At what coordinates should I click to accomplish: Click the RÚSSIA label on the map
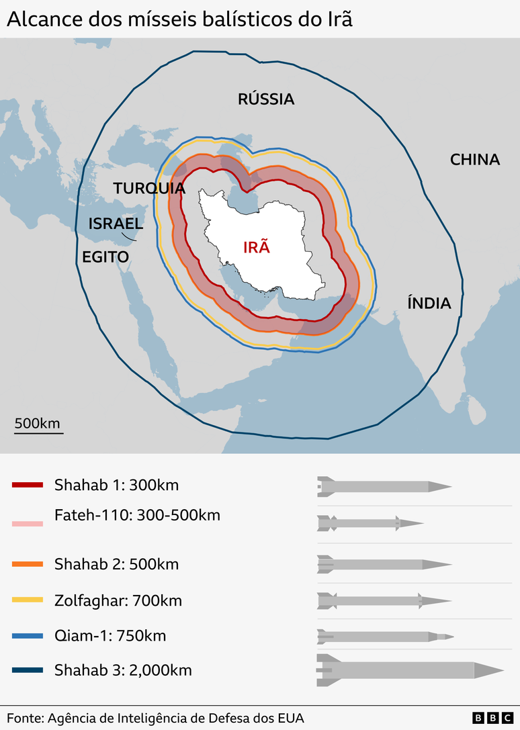tap(266, 99)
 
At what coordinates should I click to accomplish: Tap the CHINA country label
tap(475, 160)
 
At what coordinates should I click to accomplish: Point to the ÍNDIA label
tap(429, 304)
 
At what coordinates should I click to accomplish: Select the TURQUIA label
tap(149, 188)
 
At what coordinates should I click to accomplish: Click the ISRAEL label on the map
tap(116, 224)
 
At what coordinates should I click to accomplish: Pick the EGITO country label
tap(105, 257)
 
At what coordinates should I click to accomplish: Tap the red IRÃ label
tap(256, 246)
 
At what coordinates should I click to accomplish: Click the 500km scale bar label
tap(38, 423)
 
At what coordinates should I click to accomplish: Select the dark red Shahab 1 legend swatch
tap(28, 485)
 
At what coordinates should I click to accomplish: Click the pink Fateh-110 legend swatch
tap(28, 523)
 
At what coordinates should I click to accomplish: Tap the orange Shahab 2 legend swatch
tap(28, 564)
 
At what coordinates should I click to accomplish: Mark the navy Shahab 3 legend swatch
tap(28, 670)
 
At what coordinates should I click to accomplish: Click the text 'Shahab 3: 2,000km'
tap(123, 670)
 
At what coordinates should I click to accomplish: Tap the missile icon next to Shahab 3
tap(409, 670)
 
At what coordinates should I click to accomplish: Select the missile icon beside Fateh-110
tap(370, 522)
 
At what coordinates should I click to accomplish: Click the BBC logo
tap(490, 718)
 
